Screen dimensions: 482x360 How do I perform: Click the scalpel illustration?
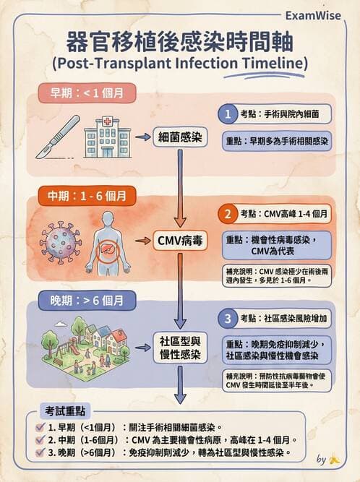coord(59,134)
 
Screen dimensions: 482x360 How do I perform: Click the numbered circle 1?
coord(228,115)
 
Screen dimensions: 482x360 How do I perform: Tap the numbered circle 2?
coord(228,214)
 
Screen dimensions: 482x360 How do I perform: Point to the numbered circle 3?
coord(228,317)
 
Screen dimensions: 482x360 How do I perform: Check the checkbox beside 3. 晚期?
coord(40,453)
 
